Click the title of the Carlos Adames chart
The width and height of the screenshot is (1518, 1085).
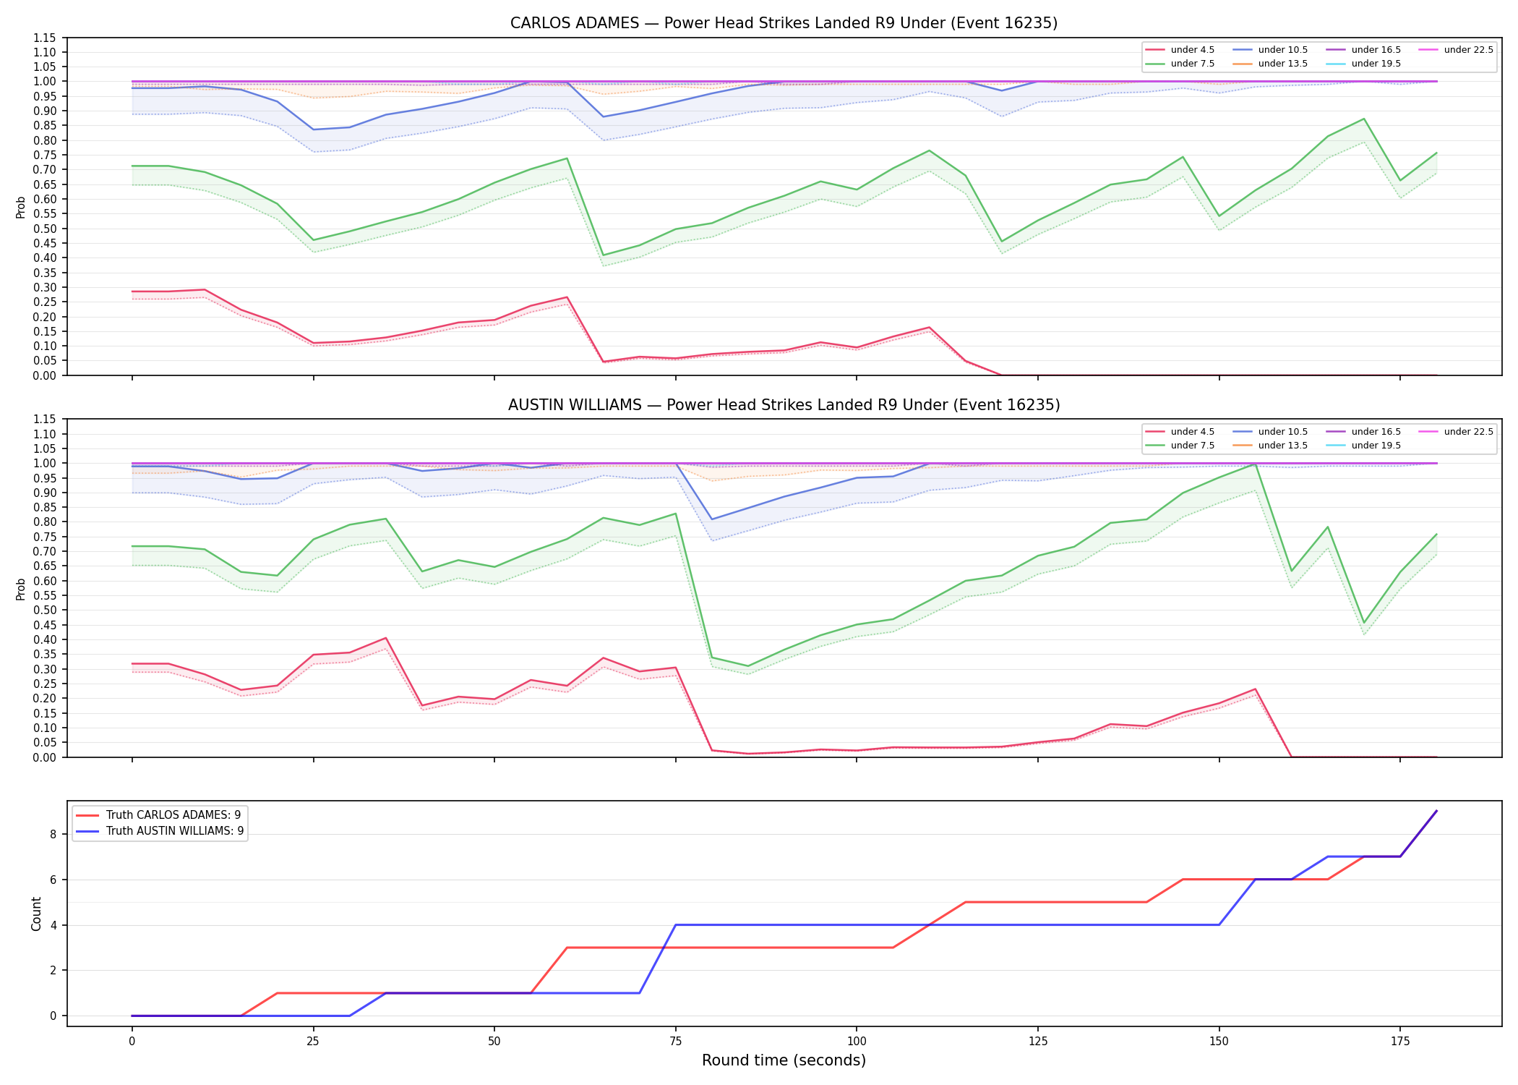coord(784,23)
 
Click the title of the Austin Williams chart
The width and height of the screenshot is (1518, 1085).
coord(784,405)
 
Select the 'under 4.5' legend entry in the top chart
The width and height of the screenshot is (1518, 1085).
coord(1180,50)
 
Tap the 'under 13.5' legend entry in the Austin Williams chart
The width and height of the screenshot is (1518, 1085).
coord(1270,446)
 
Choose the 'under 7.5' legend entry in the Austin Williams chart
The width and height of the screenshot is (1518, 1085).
coord(1180,446)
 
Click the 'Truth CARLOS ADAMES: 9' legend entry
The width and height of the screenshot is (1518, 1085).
coord(159,815)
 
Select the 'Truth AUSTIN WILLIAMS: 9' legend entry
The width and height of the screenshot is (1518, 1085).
coord(160,831)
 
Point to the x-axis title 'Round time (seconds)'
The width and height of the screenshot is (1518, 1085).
coord(784,1060)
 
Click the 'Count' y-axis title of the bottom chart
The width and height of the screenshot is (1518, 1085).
coord(36,914)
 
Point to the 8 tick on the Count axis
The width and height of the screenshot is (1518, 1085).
coord(53,834)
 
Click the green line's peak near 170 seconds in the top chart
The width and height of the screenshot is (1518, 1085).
coord(1364,119)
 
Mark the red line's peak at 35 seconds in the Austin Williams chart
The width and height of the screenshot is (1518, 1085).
coord(386,638)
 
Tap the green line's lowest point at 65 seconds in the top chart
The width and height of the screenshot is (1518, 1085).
coord(604,255)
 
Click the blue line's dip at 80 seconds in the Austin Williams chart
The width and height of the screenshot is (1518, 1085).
coord(712,519)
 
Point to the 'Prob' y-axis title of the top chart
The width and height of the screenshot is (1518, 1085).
coord(21,207)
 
